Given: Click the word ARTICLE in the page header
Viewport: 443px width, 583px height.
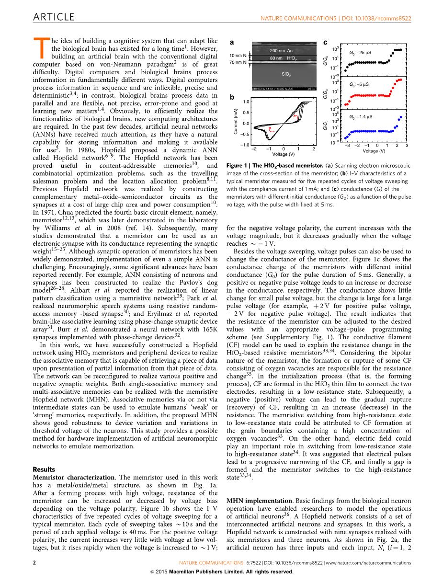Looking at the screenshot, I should pyautogui.click(x=54, y=17).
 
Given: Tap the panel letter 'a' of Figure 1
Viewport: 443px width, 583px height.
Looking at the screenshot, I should pyautogui.click(x=232, y=42).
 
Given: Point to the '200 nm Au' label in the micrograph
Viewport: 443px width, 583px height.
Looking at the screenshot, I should pyautogui.click(x=281, y=50).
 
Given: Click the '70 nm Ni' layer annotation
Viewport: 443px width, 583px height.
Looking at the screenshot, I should pyautogui.click(x=238, y=62).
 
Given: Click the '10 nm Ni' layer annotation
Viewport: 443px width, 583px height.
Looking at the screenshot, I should pyautogui.click(x=238, y=56).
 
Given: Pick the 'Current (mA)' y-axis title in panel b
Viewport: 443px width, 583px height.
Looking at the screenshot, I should pyautogui.click(x=236, y=123).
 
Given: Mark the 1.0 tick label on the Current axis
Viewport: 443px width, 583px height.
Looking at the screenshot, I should pyautogui.click(x=246, y=102).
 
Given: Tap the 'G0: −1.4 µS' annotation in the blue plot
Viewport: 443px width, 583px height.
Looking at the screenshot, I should pyautogui.click(x=361, y=117).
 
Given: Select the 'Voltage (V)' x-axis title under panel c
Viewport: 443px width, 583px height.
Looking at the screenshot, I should pyautogui.click(x=374, y=151).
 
